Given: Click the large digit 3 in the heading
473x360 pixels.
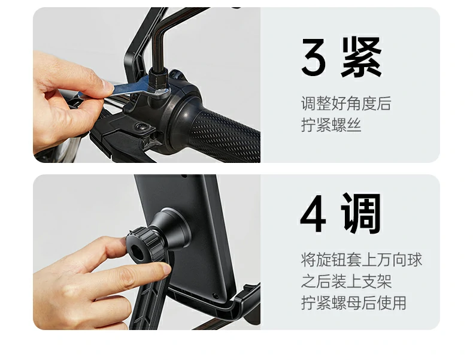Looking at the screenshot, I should click(314, 58).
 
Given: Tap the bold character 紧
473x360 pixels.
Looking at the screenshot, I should click(361, 58).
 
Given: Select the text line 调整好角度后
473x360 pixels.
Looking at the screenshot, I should click(345, 104).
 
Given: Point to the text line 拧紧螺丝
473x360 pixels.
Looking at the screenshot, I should click(331, 126).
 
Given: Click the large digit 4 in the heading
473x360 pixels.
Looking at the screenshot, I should click(314, 214).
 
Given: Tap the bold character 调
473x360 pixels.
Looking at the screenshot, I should click(361, 214).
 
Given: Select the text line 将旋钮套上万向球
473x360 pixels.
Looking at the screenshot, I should click(361, 260).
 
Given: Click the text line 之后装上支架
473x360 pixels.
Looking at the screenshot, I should click(345, 282).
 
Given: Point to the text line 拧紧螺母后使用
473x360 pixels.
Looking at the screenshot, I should click(353, 303).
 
